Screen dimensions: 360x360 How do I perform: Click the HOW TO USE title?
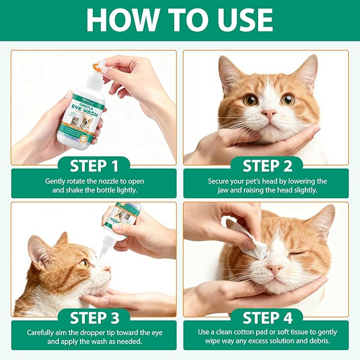click(x=180, y=20)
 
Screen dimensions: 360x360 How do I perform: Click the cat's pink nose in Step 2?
click(x=270, y=114)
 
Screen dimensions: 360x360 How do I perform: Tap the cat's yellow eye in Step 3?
click(x=84, y=262)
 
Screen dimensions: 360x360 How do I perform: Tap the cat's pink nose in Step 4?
click(x=275, y=269)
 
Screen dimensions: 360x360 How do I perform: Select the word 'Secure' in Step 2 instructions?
click(x=219, y=181)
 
